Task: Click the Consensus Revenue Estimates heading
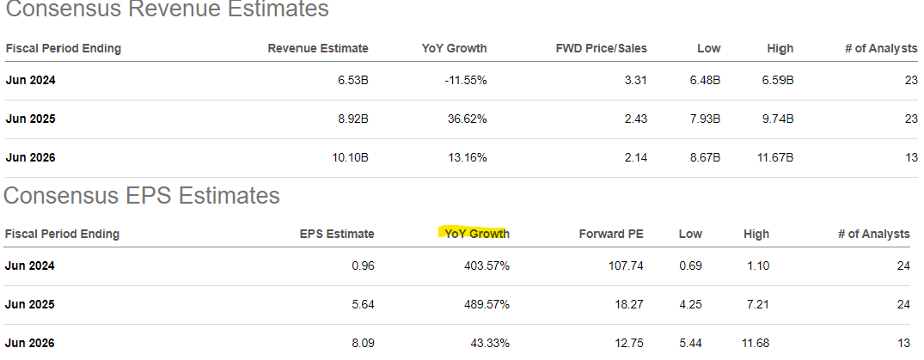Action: [x=167, y=10]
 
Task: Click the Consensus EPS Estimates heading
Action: [x=142, y=196]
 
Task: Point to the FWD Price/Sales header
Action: [x=602, y=48]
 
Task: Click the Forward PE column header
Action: [x=611, y=234]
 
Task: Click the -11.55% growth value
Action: [x=466, y=80]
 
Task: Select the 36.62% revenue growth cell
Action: [x=468, y=119]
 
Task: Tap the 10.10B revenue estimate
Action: [x=347, y=157]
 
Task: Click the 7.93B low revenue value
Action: [x=702, y=119]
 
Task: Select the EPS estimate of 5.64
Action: [x=363, y=304]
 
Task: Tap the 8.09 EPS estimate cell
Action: [x=363, y=343]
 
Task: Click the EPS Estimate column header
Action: [x=337, y=234]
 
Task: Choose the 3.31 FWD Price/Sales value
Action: [x=635, y=80]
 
